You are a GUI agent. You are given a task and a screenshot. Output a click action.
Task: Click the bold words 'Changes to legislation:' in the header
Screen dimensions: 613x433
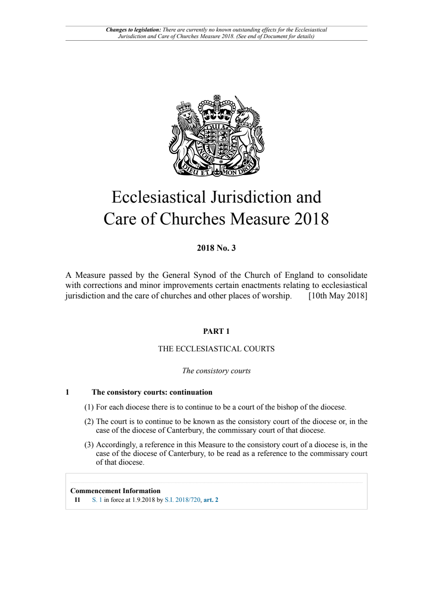click(x=133, y=30)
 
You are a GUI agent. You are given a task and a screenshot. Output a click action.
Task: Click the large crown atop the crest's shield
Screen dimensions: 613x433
click(x=217, y=109)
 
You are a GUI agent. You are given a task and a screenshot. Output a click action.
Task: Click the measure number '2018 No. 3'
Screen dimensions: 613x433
click(x=216, y=248)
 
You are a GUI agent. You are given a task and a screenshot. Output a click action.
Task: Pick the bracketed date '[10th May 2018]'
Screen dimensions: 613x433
click(x=338, y=296)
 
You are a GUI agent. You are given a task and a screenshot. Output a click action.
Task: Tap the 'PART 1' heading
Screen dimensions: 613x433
click(x=216, y=331)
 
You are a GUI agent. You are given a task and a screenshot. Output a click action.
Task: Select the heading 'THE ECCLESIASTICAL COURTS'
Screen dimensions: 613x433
click(x=216, y=349)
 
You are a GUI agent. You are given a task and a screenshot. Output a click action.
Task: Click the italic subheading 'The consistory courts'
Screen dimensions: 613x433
click(x=216, y=371)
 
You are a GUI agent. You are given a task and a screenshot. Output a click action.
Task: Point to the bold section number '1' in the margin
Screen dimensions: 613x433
click(x=67, y=392)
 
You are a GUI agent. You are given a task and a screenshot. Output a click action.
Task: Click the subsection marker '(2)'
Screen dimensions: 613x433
click(x=89, y=421)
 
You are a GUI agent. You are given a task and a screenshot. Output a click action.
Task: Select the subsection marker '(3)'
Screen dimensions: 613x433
click(x=89, y=445)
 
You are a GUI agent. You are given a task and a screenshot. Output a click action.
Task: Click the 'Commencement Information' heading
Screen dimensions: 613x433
click(x=115, y=491)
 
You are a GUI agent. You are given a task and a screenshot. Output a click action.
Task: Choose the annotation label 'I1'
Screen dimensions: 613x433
click(x=77, y=500)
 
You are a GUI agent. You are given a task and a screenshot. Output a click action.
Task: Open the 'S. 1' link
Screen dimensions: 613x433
click(x=97, y=500)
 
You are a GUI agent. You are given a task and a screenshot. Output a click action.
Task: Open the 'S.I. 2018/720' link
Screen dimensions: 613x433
click(x=182, y=500)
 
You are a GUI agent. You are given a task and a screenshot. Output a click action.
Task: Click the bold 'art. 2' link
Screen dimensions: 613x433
click(x=211, y=500)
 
